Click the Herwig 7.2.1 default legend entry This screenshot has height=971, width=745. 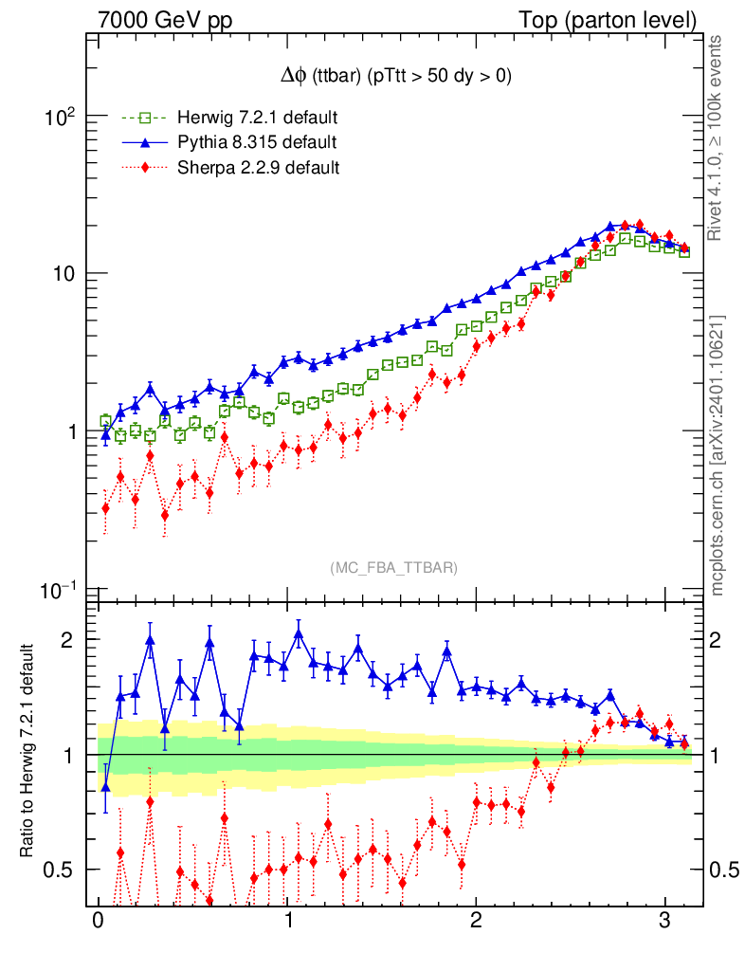point(257,119)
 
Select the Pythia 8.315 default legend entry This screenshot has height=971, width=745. point(257,143)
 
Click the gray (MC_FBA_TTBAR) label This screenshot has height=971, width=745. point(394,567)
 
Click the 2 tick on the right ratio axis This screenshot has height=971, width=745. point(718,639)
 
